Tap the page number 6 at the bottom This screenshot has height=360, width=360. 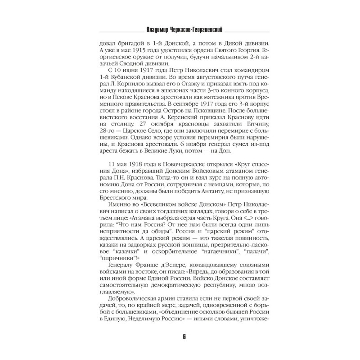click(180, 338)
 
